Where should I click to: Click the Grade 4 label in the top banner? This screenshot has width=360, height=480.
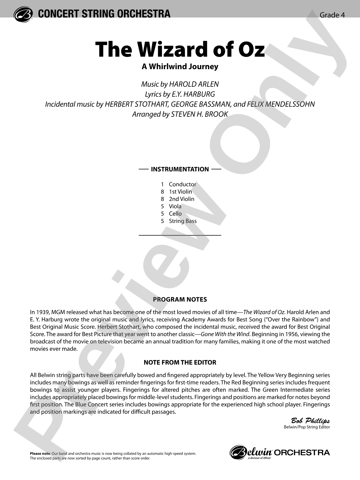point(332,15)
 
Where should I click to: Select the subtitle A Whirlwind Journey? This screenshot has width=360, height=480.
point(180,67)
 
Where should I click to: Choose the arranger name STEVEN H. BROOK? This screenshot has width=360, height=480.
point(199,114)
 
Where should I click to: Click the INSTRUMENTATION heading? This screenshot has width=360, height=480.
point(180,169)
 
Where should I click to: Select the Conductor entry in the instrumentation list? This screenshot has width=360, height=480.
point(182,184)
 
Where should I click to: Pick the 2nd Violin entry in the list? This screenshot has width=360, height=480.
point(181,199)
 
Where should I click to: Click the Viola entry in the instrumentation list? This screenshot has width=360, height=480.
point(175,206)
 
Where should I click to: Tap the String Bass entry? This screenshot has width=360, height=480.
point(182,221)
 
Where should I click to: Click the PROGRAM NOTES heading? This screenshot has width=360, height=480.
point(180,299)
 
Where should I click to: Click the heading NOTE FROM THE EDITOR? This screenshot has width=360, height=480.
point(180,362)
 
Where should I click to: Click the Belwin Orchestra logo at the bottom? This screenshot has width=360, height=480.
point(280,452)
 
